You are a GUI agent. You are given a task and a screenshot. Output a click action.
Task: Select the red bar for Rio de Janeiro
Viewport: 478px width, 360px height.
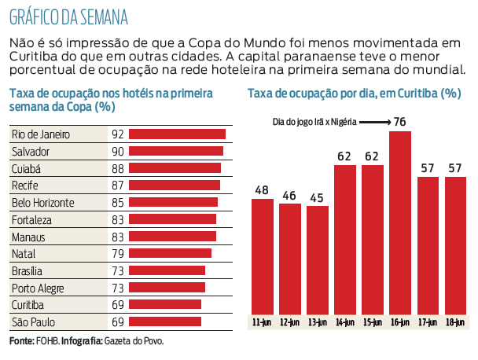point(176,134)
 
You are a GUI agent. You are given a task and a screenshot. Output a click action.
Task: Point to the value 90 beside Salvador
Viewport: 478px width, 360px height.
point(118,151)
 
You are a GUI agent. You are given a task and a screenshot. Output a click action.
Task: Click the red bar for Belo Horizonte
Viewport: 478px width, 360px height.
point(172,202)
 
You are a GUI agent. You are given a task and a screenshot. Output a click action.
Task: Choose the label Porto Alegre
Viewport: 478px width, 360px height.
point(38,287)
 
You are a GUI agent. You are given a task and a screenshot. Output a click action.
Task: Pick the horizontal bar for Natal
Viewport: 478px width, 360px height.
point(169,253)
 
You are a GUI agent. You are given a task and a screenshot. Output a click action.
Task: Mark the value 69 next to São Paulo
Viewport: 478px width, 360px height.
point(118,321)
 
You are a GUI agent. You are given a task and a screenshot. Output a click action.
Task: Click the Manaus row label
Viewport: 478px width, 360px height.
point(28,236)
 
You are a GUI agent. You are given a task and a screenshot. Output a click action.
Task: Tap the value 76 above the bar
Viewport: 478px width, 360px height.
point(400,122)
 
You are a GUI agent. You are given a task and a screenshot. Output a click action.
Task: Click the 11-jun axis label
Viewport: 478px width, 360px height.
point(263,321)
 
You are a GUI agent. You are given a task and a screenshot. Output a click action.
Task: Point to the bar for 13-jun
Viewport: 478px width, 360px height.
point(318,259)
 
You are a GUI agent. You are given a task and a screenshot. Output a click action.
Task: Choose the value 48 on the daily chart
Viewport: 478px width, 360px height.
point(263,190)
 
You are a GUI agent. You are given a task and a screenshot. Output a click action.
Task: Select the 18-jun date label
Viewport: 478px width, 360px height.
point(455,321)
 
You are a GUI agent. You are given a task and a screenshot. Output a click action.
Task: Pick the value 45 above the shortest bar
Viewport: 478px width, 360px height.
point(318,197)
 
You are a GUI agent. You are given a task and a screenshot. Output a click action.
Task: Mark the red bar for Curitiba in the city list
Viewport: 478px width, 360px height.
point(164,304)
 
